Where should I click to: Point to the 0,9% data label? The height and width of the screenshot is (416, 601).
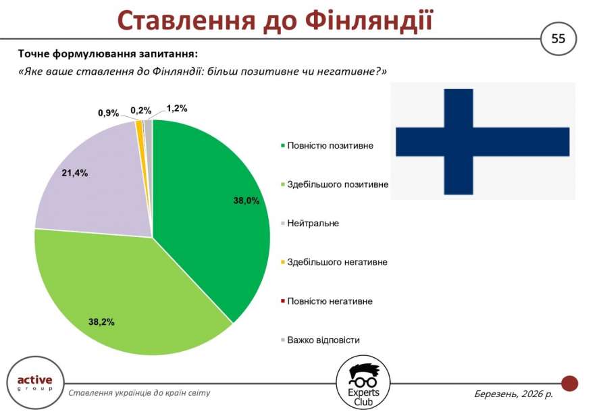[109, 113]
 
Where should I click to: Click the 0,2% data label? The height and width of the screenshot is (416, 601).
[141, 111]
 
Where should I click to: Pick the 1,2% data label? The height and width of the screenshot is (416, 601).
[177, 109]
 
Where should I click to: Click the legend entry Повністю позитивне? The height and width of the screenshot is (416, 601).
[327, 146]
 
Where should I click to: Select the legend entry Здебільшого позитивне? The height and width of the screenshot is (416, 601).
[335, 184]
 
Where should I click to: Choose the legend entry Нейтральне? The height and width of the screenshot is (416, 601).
[310, 223]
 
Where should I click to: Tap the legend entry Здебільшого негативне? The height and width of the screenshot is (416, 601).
[334, 262]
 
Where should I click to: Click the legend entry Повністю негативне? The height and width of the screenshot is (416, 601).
[327, 301]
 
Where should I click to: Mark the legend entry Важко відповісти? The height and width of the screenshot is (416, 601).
[320, 340]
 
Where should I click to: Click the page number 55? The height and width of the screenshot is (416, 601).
[558, 38]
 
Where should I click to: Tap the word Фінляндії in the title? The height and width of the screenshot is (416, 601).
[369, 20]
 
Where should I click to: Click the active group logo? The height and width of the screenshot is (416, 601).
[35, 383]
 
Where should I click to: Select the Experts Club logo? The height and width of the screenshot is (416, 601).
[363, 383]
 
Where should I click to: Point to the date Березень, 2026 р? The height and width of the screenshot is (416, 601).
[514, 394]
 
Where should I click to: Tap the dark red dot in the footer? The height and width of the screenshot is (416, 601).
[569, 383]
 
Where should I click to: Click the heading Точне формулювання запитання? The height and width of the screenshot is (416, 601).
[107, 53]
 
